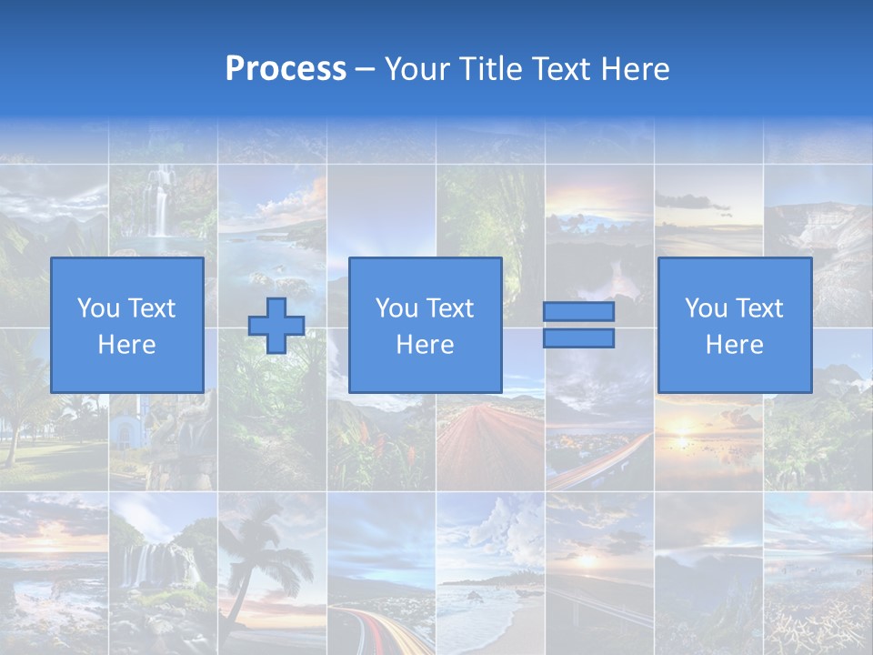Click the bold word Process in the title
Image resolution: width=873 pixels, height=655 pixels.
click(286, 69)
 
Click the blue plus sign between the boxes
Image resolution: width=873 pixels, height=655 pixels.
click(276, 326)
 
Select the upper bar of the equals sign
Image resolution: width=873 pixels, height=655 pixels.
click(578, 312)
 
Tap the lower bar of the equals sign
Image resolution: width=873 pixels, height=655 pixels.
click(578, 338)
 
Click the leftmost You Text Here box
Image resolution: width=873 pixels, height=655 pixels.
click(126, 326)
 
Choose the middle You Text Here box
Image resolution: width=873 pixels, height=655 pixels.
click(425, 326)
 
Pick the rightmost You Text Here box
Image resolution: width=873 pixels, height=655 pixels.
click(734, 326)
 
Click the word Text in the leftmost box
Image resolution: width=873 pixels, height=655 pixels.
click(151, 308)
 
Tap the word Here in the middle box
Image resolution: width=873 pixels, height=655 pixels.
click(425, 345)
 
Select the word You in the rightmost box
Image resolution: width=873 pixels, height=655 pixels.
click(706, 308)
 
